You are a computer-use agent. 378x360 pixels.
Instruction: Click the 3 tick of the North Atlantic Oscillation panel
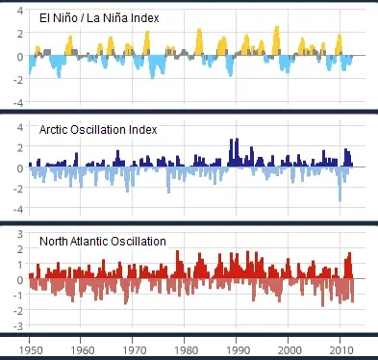19,234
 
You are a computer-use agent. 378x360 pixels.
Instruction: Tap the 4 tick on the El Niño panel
19,12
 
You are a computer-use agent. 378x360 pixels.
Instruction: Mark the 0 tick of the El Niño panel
19,57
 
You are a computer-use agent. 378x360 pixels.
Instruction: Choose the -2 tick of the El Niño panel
17,79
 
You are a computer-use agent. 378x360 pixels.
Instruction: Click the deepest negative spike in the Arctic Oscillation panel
340,198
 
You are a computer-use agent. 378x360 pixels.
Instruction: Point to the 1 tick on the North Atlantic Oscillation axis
19,265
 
